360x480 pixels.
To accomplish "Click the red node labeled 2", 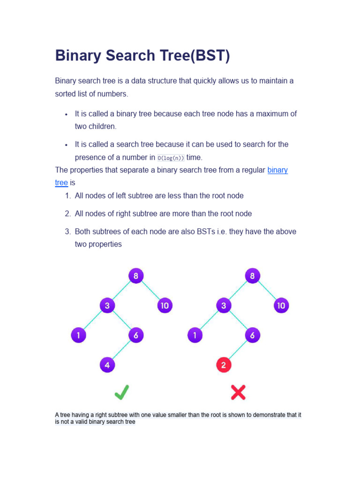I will [x=224, y=364].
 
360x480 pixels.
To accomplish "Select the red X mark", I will [x=238, y=392].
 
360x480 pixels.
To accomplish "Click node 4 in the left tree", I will [x=107, y=364].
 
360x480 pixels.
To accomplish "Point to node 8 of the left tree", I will [x=135, y=276].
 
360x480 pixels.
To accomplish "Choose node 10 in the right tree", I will [x=281, y=306].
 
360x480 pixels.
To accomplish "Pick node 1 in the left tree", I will [x=79, y=335].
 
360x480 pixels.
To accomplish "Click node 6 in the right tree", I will [x=252, y=335].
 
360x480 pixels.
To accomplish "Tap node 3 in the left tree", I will [x=107, y=306].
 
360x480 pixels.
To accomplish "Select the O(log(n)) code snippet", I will [x=171, y=158].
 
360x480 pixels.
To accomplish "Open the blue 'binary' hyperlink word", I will [x=277, y=170].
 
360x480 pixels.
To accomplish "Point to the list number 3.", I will [x=67, y=232].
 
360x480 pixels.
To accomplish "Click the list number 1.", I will [x=67, y=196].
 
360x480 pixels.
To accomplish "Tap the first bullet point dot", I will [x=67, y=114].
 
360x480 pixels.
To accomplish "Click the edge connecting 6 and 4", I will [x=121, y=350].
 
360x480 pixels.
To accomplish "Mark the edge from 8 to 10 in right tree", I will [x=266, y=291].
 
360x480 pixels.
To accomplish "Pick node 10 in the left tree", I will [x=165, y=306].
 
